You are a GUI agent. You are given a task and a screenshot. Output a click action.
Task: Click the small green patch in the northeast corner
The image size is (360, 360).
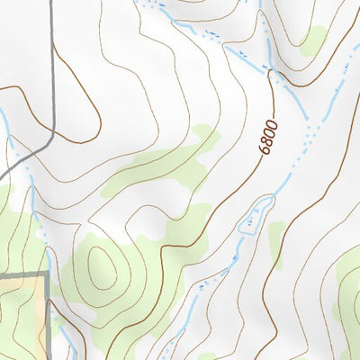click(x=312, y=40)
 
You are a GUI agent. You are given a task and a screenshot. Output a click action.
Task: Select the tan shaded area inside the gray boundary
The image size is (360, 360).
click(x=22, y=310)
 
